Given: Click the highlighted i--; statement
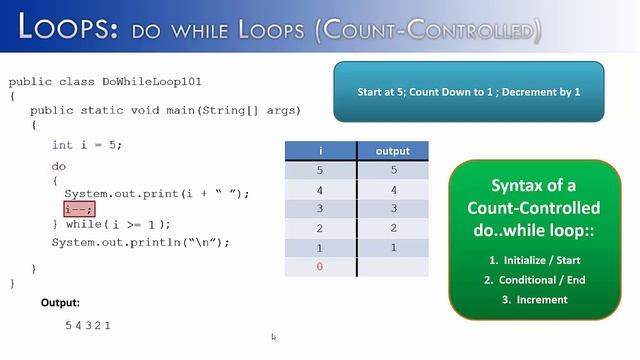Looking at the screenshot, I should pyautogui.click(x=79, y=209).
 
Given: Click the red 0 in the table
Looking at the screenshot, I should pyautogui.click(x=320, y=267).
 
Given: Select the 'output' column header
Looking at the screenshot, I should pyautogui.click(x=393, y=151).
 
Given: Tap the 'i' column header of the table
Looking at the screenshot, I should pyautogui.click(x=320, y=151).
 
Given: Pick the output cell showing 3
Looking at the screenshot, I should pyautogui.click(x=393, y=209).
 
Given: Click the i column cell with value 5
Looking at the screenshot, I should pyautogui.click(x=320, y=170).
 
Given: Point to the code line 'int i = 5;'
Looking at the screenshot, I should pyautogui.click(x=87, y=145).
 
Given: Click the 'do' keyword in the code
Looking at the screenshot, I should pyautogui.click(x=59, y=166).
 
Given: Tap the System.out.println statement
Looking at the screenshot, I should pyautogui.click(x=141, y=242).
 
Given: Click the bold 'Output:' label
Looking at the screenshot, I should pyautogui.click(x=60, y=302).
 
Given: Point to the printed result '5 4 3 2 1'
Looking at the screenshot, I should pyautogui.click(x=88, y=325).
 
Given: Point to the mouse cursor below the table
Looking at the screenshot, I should pyautogui.click(x=273, y=337).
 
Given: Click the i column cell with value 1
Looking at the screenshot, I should pyautogui.click(x=320, y=247).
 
